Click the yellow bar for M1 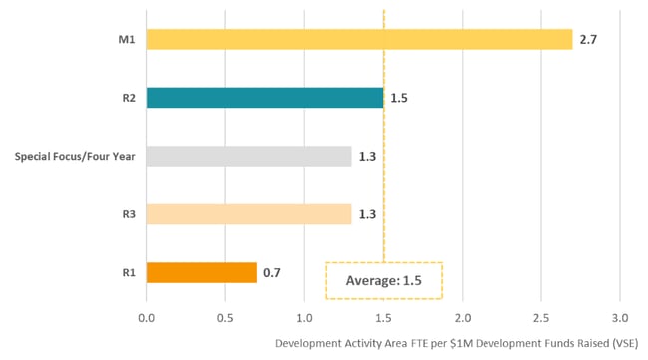click(359, 39)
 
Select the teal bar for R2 click(264, 98)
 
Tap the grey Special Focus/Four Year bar click(248, 156)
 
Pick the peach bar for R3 click(248, 214)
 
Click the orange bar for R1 click(201, 272)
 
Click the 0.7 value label click(271, 272)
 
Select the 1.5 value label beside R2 click(398, 98)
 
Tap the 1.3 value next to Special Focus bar click(366, 156)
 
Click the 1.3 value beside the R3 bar click(366, 214)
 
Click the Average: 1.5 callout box click(384, 281)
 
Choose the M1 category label click(126, 40)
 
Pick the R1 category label click(128, 272)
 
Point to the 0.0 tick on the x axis click(147, 319)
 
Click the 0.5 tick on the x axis click(225, 319)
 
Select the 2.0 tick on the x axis click(462, 319)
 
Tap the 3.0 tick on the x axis click(619, 319)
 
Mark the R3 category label click(128, 214)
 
